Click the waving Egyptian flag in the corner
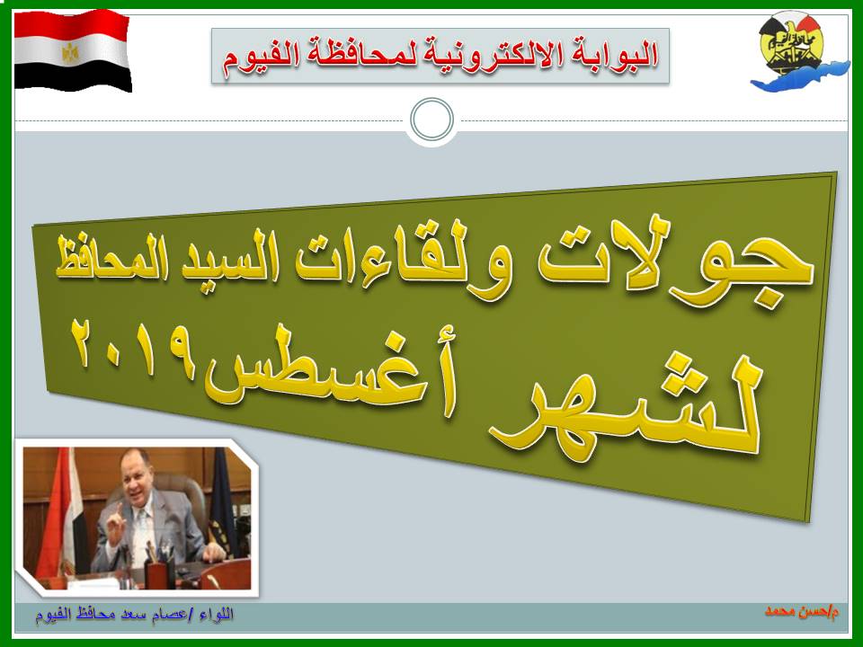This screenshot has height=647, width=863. click(x=73, y=50)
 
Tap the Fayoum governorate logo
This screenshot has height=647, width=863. click(x=798, y=54)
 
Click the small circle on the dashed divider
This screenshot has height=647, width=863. click(x=432, y=120)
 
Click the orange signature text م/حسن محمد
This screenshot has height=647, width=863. click(x=802, y=611)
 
